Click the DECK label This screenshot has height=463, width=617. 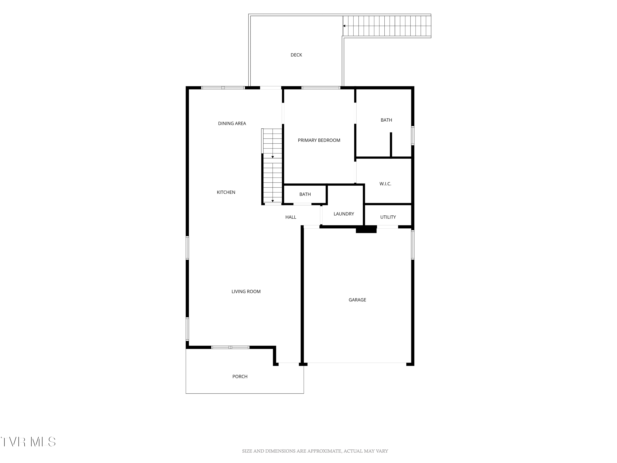tap(296, 55)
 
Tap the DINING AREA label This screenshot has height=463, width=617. tap(232, 123)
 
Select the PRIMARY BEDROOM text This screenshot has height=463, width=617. tap(319, 140)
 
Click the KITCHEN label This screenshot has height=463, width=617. tap(226, 192)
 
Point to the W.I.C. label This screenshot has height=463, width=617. tap(385, 184)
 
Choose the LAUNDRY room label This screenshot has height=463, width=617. tap(344, 214)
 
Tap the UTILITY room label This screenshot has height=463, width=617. tap(388, 217)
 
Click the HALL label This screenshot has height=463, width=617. tap(291, 217)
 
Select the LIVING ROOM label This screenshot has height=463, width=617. tap(246, 292)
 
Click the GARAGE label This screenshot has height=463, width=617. tap(357, 300)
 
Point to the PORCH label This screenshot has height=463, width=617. tap(240, 377)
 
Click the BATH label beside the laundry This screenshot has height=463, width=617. tap(305, 194)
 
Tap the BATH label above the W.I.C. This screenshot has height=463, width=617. tap(386, 120)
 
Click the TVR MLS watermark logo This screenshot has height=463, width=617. tap(28, 442)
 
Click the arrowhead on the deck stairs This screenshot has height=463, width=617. tap(344, 26)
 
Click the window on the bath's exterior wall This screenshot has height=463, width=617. tap(413, 136)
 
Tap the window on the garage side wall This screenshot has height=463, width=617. tap(413, 245)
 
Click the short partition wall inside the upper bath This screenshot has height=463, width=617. tap(391, 145)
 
